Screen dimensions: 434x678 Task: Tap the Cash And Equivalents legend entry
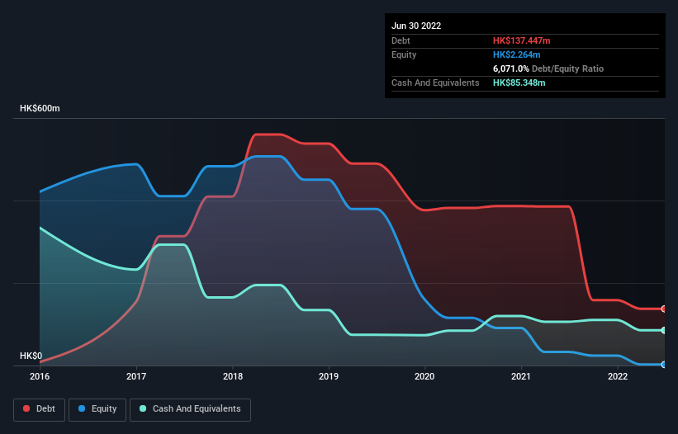[x=190, y=409]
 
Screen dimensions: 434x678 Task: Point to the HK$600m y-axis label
[x=40, y=109]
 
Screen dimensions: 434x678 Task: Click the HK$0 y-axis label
[x=31, y=356]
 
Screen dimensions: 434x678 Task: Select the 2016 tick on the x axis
[x=40, y=376]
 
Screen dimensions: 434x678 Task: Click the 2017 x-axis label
[x=136, y=376]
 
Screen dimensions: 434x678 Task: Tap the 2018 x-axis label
[x=233, y=376]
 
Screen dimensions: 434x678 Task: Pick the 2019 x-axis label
[x=329, y=376]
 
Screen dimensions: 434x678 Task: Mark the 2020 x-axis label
[x=425, y=376]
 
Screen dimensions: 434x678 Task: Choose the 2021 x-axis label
[x=521, y=376]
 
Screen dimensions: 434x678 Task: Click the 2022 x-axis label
[x=618, y=376]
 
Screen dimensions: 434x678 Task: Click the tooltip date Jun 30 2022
[x=416, y=26]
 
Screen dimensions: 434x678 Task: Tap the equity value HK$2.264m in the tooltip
[x=517, y=54]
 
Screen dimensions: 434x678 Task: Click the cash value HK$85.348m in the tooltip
[x=519, y=83]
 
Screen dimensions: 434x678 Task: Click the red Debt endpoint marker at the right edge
[x=664, y=309]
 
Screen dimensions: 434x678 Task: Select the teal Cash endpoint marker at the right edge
[x=664, y=330]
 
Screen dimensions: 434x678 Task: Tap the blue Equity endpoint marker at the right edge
[x=664, y=364]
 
